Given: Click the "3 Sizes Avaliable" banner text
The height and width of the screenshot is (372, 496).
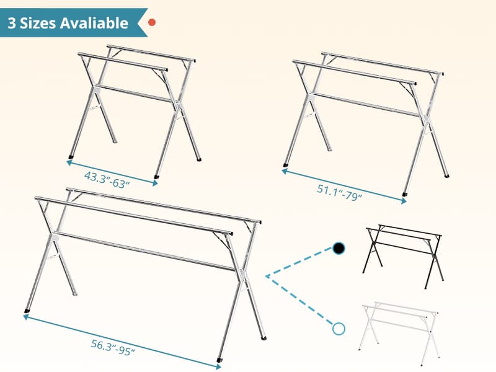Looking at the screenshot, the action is (x=68, y=23).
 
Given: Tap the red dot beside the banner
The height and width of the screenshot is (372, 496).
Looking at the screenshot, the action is (x=152, y=22).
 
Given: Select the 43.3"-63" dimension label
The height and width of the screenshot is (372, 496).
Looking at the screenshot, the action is (x=107, y=180).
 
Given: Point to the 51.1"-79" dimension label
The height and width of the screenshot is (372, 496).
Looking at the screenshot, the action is (x=339, y=193).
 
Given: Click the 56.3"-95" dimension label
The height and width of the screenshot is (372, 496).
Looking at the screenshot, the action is (x=113, y=347).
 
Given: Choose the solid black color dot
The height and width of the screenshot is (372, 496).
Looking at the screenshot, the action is (x=339, y=249).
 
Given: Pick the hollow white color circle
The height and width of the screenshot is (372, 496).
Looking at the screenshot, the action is (x=339, y=329).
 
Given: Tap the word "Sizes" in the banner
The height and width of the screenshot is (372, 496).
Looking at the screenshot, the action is (x=40, y=23).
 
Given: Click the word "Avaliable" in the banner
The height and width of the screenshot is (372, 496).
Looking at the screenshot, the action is (x=94, y=23).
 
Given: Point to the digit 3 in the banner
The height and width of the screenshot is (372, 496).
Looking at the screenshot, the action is (x=12, y=23).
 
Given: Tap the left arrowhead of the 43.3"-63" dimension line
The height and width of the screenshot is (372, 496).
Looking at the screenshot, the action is (x=69, y=162).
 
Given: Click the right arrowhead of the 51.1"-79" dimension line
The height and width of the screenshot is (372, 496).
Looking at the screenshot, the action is (x=404, y=201).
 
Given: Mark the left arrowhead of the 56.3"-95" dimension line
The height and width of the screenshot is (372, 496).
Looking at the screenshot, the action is (x=25, y=316).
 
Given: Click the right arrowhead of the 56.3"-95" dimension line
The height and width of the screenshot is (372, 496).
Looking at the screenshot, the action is (x=218, y=367).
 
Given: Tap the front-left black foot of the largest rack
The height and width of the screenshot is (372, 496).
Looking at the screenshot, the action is (x=27, y=311).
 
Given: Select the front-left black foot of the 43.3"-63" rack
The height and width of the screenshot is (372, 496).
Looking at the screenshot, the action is (x=71, y=157).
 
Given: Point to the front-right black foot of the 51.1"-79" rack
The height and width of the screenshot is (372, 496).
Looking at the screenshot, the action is (x=405, y=193).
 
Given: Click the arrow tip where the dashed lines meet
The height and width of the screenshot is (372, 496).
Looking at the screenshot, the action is (x=267, y=276).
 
